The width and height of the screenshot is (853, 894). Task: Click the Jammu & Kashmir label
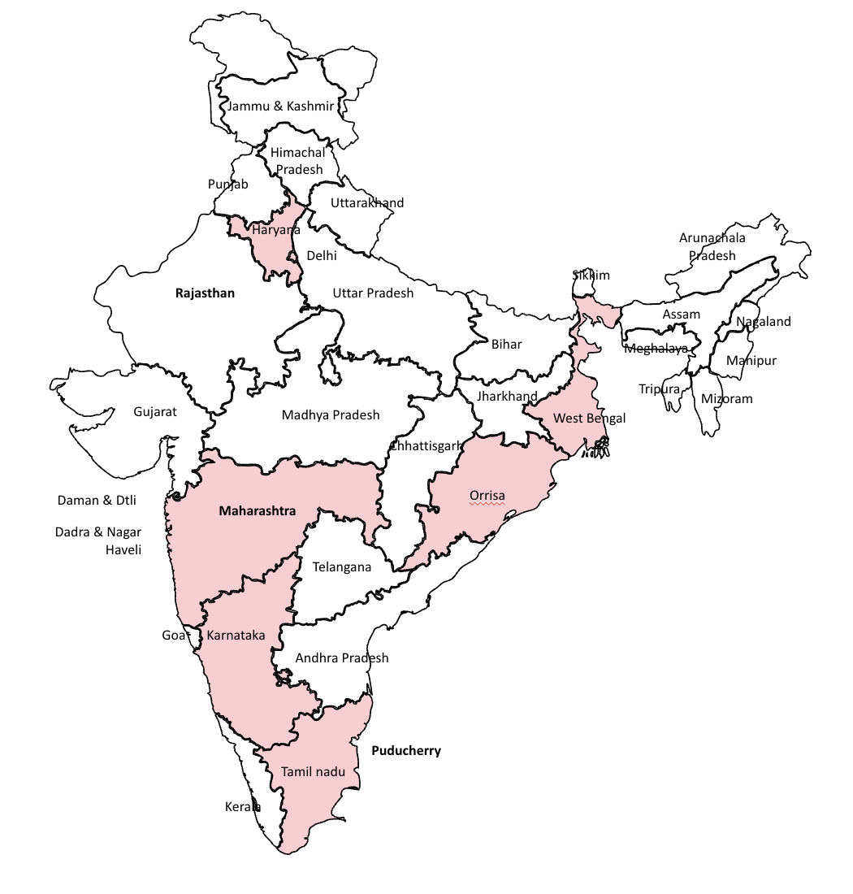[280, 106]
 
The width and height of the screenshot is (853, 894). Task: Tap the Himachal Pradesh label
[298, 161]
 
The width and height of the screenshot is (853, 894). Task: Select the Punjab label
[227, 184]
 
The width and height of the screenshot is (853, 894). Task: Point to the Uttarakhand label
[367, 202]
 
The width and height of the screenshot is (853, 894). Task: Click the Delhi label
[322, 255]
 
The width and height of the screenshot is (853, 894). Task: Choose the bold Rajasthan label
[205, 293]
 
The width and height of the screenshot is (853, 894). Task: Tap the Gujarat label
[155, 412]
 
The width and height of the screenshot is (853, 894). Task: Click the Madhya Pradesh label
[331, 415]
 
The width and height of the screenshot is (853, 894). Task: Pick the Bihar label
[507, 344]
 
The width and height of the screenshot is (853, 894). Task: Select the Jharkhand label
[508, 397]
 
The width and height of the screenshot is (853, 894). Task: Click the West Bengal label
[590, 419]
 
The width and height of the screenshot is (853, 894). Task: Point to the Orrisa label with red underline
[487, 495]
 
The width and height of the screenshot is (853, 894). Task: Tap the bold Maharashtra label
[258, 511]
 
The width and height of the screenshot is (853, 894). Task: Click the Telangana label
[342, 567]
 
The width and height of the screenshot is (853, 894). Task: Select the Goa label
[174, 636]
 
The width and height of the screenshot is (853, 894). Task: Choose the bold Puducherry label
[406, 751]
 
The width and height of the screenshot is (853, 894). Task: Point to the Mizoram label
[727, 399]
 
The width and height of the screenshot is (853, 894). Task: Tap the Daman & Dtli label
[97, 501]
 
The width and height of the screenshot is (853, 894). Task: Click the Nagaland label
[764, 322]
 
